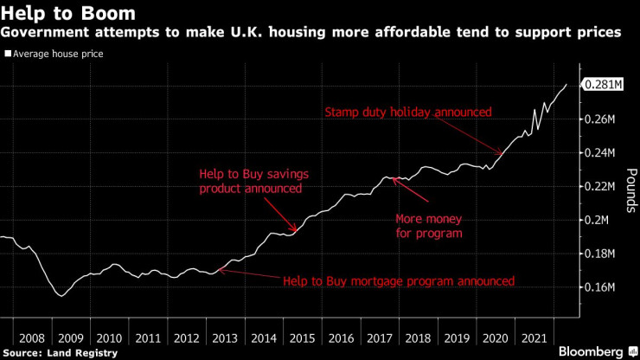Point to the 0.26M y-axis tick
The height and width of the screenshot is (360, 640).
601,119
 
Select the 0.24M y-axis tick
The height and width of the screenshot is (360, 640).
601,152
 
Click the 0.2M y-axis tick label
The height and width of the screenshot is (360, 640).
598,220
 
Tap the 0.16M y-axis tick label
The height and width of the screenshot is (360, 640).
601,287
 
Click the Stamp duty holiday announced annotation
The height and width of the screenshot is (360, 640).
407,112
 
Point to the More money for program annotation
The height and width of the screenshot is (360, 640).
429,226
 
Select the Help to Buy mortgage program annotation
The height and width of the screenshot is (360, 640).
399,281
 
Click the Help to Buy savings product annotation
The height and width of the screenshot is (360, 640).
253,181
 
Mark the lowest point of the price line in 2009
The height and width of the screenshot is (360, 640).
61,296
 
